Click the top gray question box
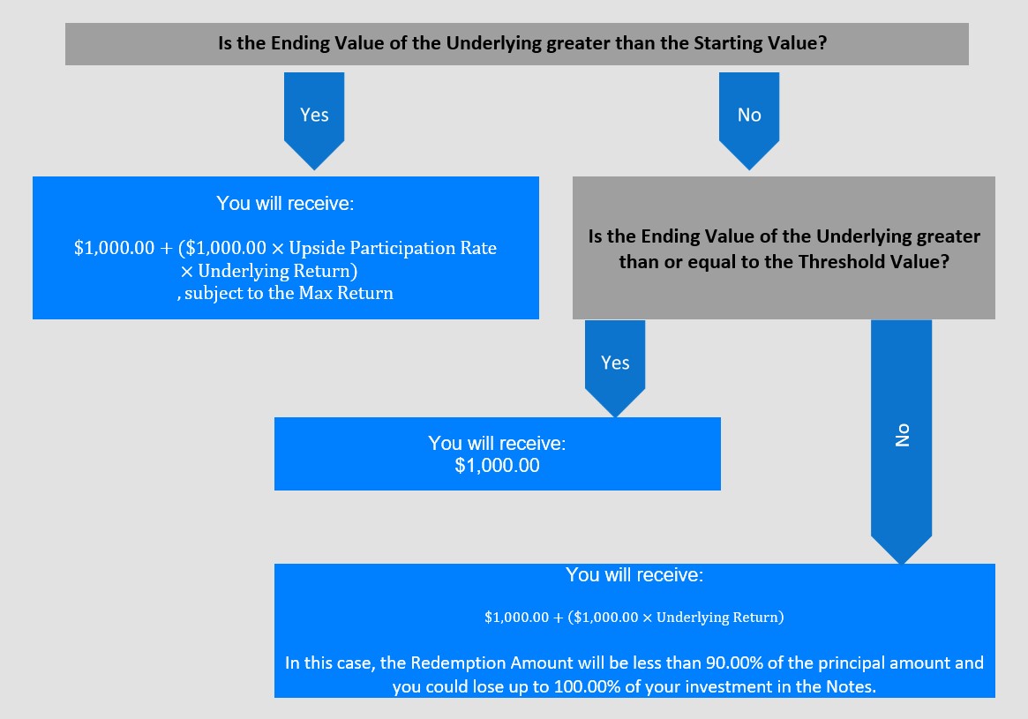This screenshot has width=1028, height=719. (516, 44)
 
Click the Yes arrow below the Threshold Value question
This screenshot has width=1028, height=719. (615, 368)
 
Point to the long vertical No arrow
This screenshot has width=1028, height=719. (902, 441)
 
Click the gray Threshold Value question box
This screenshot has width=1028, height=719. (784, 248)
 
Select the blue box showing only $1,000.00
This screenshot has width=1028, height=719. (497, 453)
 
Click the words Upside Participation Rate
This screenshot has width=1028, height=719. (393, 249)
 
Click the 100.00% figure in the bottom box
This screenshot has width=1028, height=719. (587, 687)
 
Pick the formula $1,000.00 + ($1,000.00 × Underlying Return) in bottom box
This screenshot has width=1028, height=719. (634, 618)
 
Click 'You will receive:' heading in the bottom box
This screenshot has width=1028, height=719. (634, 575)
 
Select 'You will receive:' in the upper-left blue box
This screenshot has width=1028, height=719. (285, 203)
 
